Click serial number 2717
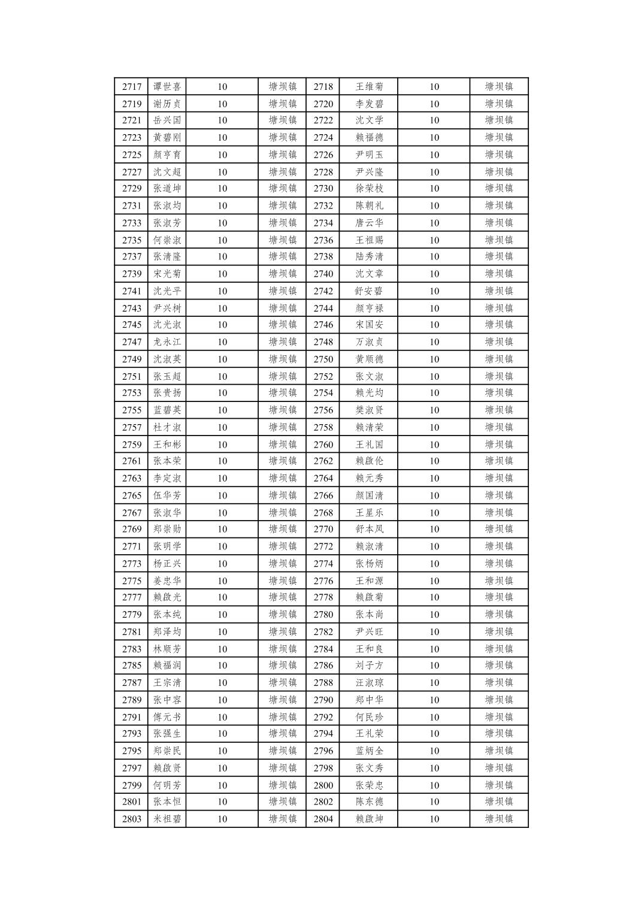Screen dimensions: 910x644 132,87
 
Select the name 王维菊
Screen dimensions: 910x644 369,87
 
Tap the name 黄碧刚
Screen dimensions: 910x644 167,138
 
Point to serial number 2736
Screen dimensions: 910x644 323,240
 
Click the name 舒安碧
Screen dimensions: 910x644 369,291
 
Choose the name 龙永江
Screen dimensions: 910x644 167,342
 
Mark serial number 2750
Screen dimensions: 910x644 323,359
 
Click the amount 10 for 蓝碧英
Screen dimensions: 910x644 222,410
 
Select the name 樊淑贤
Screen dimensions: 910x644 369,410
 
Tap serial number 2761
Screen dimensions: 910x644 132,461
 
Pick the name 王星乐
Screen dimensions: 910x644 369,513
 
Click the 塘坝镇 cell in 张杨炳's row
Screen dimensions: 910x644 499,564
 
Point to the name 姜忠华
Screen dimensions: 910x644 167,581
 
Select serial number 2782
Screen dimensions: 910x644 323,632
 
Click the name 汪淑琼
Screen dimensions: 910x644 369,683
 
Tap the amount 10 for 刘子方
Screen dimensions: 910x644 434,666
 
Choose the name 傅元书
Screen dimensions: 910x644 167,717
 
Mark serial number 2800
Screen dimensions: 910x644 323,785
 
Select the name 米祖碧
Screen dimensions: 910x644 167,819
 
